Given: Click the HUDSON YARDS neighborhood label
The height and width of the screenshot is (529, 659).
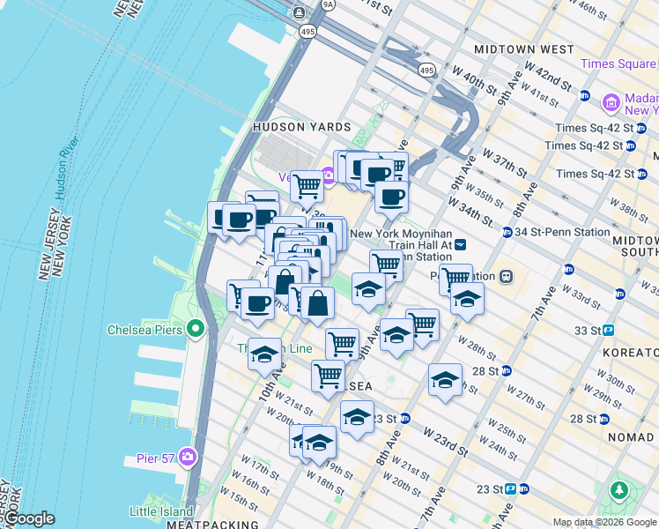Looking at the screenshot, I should (x=301, y=127).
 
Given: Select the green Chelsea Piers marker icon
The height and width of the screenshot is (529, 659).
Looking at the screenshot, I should (x=195, y=331).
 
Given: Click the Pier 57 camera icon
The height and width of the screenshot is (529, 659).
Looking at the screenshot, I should (x=188, y=456).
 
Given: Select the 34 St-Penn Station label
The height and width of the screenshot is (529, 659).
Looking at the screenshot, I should (x=561, y=233).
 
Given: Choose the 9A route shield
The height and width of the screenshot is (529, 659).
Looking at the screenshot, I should (x=329, y=4).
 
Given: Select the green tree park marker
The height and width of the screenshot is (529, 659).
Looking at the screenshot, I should (x=620, y=489).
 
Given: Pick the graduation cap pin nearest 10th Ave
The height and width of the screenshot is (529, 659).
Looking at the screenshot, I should (x=264, y=355).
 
